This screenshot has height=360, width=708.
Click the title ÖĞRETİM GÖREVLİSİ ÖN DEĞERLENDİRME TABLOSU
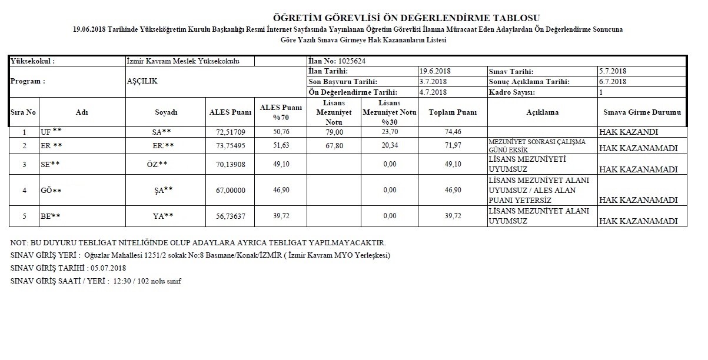click(x=406, y=18)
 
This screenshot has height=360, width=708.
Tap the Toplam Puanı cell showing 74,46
click(x=452, y=132)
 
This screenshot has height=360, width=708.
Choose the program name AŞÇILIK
click(x=142, y=82)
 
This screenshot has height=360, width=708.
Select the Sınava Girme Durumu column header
click(x=642, y=112)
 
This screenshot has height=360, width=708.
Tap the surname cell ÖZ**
click(x=157, y=164)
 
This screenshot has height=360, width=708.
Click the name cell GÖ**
click(x=50, y=191)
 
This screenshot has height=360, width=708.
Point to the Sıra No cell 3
click(x=24, y=164)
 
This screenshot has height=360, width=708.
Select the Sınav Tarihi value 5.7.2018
click(x=612, y=71)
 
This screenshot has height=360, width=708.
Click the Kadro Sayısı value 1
click(x=601, y=92)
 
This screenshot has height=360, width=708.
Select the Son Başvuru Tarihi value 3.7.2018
click(x=433, y=82)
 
